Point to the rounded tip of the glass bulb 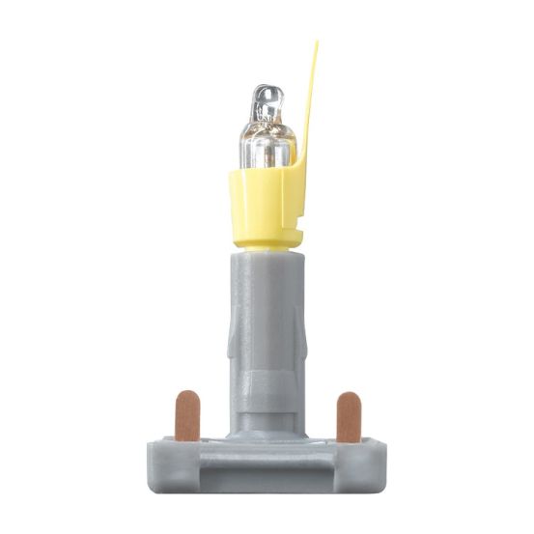click(267, 94)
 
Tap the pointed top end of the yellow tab click(316, 44)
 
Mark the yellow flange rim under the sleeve click(267, 241)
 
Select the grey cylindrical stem click(266, 328)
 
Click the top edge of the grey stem click(266, 255)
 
